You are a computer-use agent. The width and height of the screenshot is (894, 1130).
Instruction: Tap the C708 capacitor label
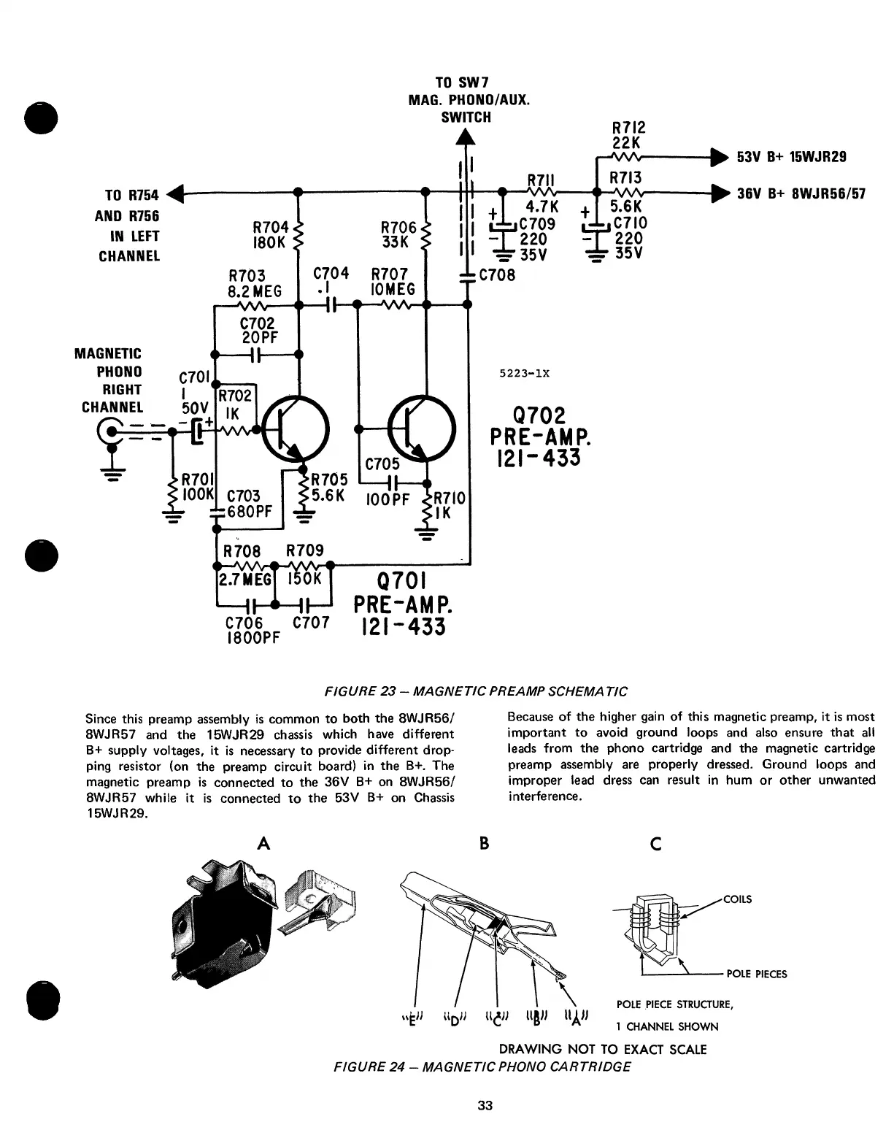[497, 275]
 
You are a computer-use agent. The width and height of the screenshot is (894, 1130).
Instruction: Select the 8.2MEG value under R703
[255, 291]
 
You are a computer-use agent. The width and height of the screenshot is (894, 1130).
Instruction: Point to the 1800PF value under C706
[250, 636]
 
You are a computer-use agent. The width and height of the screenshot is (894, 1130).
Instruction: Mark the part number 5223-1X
[524, 373]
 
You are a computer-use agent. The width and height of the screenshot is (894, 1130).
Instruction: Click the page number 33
[485, 1105]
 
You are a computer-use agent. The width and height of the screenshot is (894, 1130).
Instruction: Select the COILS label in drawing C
[737, 899]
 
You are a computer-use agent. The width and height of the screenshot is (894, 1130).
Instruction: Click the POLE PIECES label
[757, 974]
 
